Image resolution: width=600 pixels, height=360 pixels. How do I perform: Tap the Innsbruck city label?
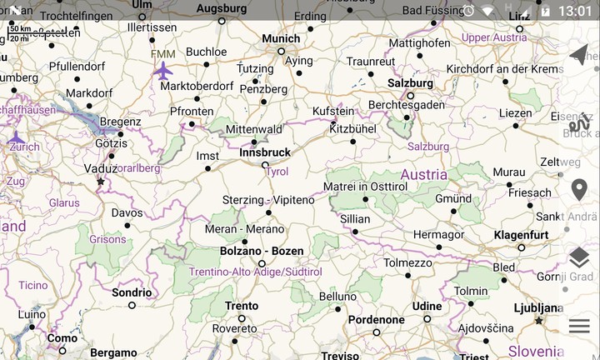(x=265, y=152)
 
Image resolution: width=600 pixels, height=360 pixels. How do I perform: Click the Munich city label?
(x=281, y=38)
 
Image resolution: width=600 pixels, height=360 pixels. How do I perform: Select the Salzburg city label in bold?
(x=410, y=83)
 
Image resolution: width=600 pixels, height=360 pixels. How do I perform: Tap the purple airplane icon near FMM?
(x=164, y=71)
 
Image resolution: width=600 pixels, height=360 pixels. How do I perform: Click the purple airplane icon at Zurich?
(x=16, y=137)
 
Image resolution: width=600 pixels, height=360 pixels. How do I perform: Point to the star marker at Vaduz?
(x=101, y=182)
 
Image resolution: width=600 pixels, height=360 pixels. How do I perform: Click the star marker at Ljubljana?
(x=539, y=320)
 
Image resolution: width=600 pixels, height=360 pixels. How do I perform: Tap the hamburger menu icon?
(x=579, y=326)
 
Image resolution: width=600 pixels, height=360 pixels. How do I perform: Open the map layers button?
(x=579, y=258)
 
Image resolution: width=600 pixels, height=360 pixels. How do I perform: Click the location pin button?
(x=579, y=190)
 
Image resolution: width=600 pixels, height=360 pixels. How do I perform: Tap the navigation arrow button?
(x=579, y=55)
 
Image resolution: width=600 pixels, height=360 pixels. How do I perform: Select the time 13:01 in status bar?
(x=575, y=11)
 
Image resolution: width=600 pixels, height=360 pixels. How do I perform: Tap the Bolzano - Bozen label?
(x=262, y=251)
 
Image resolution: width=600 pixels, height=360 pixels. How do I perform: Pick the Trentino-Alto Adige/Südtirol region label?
(x=255, y=272)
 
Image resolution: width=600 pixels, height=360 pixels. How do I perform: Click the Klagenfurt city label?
(x=521, y=235)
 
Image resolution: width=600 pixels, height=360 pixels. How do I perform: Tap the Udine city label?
(x=427, y=306)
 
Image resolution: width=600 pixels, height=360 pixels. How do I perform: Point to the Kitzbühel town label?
(x=353, y=129)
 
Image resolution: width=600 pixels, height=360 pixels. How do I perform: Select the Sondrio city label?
(x=132, y=292)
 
